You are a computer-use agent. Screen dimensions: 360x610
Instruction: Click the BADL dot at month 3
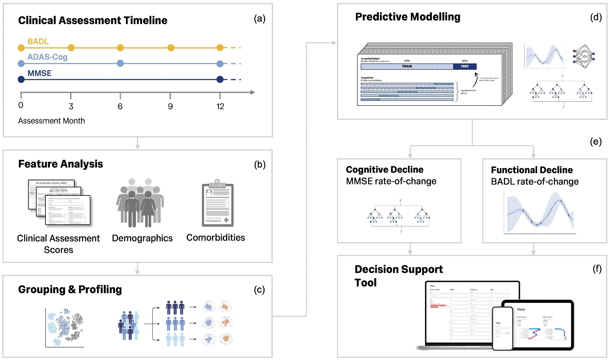pyautogui.click(x=71, y=48)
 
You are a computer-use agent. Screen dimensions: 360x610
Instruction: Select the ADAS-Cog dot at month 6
pyautogui.click(x=120, y=63)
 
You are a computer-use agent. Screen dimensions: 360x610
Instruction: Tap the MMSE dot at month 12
pyautogui.click(x=220, y=79)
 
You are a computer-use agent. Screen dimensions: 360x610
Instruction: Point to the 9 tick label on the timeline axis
pyautogui.click(x=170, y=106)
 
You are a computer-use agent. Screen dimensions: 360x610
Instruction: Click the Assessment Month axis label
pyautogui.click(x=51, y=121)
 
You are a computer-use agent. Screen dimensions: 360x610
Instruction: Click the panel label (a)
pyautogui.click(x=260, y=19)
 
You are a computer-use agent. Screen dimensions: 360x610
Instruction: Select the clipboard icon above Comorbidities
pyautogui.click(x=217, y=203)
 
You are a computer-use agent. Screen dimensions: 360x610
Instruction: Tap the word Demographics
pyautogui.click(x=142, y=238)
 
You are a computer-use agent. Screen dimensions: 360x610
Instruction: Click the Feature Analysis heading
pyautogui.click(x=60, y=164)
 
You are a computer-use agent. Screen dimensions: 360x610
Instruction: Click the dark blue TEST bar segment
pyautogui.click(x=465, y=66)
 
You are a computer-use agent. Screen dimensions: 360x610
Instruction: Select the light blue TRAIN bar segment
pyautogui.click(x=407, y=66)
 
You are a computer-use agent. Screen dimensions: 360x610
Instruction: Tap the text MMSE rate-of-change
pyautogui.click(x=391, y=181)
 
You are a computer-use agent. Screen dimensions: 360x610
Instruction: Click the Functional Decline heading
pyautogui.click(x=532, y=170)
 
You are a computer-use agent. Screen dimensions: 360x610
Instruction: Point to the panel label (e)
pyautogui.click(x=595, y=142)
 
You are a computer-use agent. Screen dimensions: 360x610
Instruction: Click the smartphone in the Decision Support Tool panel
pyautogui.click(x=502, y=328)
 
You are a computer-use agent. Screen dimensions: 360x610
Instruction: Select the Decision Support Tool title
pyautogui.click(x=398, y=275)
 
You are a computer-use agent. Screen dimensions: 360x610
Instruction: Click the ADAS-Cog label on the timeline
pyautogui.click(x=47, y=57)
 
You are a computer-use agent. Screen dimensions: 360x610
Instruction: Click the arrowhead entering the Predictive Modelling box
pyautogui.click(x=334, y=43)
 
